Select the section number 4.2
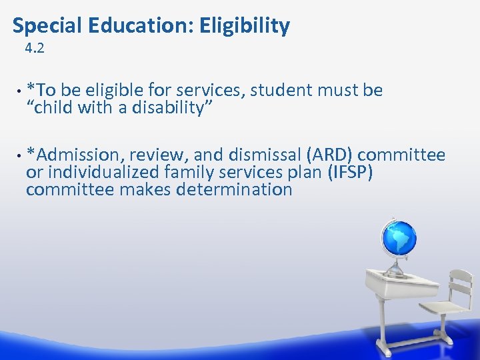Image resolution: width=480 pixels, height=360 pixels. point(34,48)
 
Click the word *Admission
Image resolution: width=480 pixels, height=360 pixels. point(75,155)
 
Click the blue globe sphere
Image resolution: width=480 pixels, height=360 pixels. point(399,238)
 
